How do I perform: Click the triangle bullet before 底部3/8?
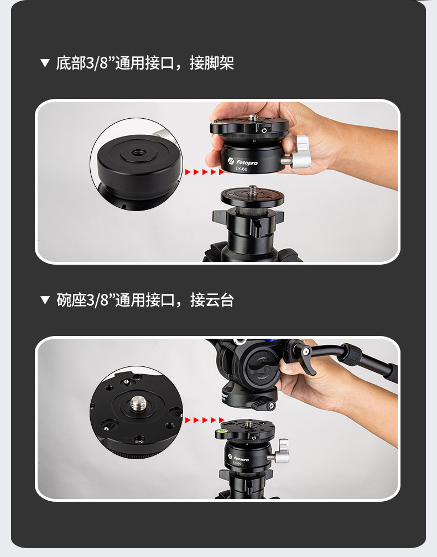click(45, 63)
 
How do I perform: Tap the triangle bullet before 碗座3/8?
click(45, 300)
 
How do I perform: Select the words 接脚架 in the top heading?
click(211, 63)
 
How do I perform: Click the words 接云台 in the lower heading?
click(211, 300)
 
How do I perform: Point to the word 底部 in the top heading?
click(71, 63)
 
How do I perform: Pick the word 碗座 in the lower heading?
click(71, 300)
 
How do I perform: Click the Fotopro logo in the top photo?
click(242, 162)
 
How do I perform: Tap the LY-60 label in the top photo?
click(241, 169)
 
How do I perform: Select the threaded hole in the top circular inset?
click(138, 153)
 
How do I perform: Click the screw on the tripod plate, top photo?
click(252, 190)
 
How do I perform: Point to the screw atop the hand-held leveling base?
click(253, 118)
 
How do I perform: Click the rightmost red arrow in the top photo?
click(221, 172)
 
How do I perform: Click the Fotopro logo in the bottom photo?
click(238, 458)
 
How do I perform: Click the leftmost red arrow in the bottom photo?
click(188, 420)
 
